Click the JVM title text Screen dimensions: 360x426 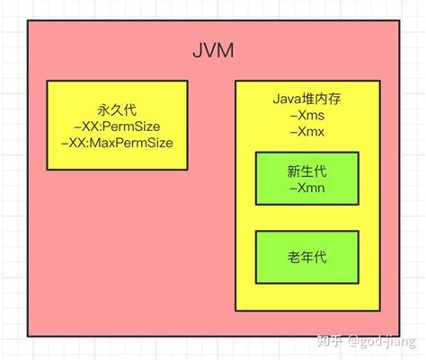click(214, 50)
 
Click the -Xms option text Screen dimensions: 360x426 click(306, 116)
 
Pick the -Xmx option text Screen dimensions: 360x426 click(306, 133)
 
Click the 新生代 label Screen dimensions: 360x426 click(306, 170)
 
